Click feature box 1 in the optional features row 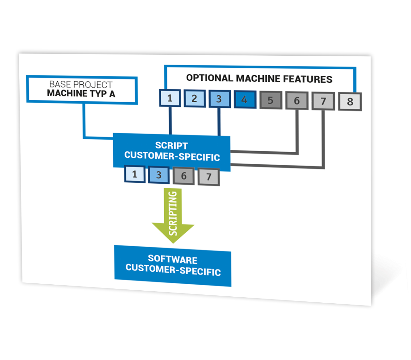pyautogui.click(x=170, y=98)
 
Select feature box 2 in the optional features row pyautogui.click(x=195, y=98)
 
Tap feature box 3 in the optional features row pyautogui.click(x=220, y=99)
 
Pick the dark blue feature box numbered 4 pyautogui.click(x=245, y=99)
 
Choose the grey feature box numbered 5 pyautogui.click(x=271, y=100)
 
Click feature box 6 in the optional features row pyautogui.click(x=297, y=100)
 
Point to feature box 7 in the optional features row pyautogui.click(x=323, y=101)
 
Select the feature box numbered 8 pyautogui.click(x=350, y=102)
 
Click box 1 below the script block pyautogui.click(x=135, y=174)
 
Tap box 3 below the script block pyautogui.click(x=159, y=175)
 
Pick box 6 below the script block pyautogui.click(x=184, y=176)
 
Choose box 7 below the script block pyautogui.click(x=209, y=177)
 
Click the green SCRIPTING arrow pyautogui.click(x=173, y=215)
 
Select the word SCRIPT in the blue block pyautogui.click(x=171, y=146)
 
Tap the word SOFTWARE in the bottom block pyautogui.click(x=172, y=259)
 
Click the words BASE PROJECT pyautogui.click(x=81, y=85)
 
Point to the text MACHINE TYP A pyautogui.click(x=81, y=93)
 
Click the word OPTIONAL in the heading pyautogui.click(x=209, y=78)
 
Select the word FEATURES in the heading pyautogui.click(x=308, y=79)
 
